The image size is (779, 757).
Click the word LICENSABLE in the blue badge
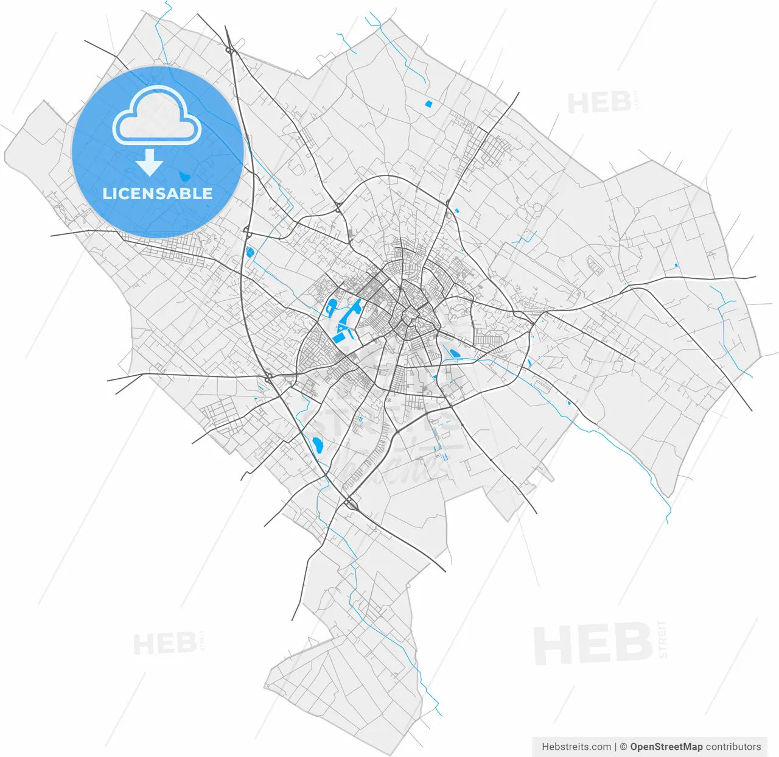click(158, 194)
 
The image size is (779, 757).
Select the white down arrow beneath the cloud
click(149, 163)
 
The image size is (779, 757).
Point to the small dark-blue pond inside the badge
click(184, 177)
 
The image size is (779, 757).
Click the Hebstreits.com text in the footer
click(576, 747)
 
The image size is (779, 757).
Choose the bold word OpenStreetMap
click(666, 747)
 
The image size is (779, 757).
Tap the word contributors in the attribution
click(733, 747)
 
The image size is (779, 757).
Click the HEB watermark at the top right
click(599, 103)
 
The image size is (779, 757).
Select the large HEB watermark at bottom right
click(593, 644)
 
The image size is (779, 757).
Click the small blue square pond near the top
click(428, 104)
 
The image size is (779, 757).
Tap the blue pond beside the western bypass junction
click(249, 251)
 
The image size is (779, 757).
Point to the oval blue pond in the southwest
click(316, 445)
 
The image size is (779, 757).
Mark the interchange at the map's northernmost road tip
click(229, 50)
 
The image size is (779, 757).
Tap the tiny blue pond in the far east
click(677, 265)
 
